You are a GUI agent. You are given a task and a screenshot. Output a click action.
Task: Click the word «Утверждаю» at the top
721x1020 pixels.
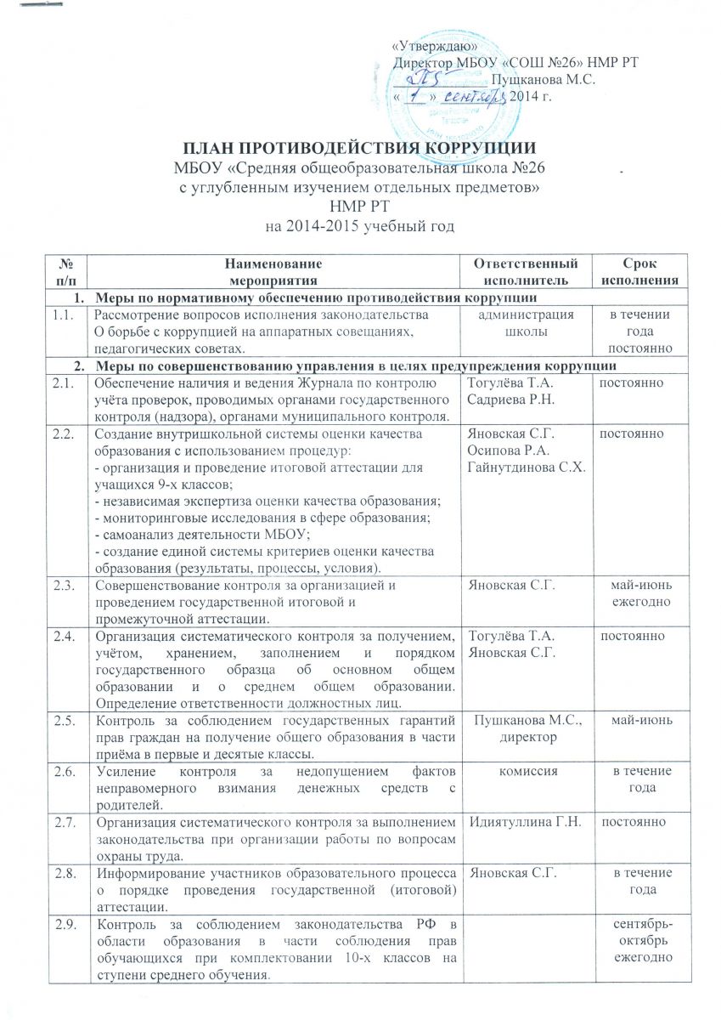[x=435, y=45]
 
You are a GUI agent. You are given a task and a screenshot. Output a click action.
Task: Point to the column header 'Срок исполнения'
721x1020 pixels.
[x=650, y=272]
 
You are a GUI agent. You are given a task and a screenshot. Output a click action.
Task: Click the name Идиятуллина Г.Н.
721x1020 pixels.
[x=520, y=822]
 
